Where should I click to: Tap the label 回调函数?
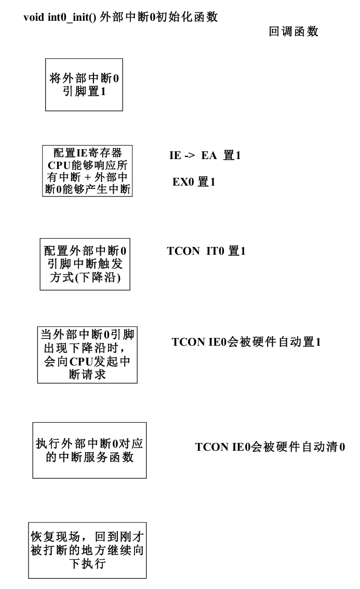pos(293,32)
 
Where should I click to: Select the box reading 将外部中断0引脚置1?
pos(84,85)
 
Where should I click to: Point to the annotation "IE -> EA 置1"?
pos(205,155)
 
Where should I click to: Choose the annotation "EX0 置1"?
pos(193,182)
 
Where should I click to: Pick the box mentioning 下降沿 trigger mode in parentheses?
pos(85,264)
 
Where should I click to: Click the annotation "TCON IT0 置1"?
pos(206,251)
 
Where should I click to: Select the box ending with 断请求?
pos(87,355)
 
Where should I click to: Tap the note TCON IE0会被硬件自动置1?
pos(246,342)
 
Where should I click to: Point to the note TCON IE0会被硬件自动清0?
pos(270,447)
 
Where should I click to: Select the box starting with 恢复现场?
pos(87,550)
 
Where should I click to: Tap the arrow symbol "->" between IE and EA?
pos(189,155)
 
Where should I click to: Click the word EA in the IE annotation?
pos(208,155)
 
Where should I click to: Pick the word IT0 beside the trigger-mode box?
pos(216,251)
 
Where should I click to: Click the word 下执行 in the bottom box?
pos(87,563)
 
